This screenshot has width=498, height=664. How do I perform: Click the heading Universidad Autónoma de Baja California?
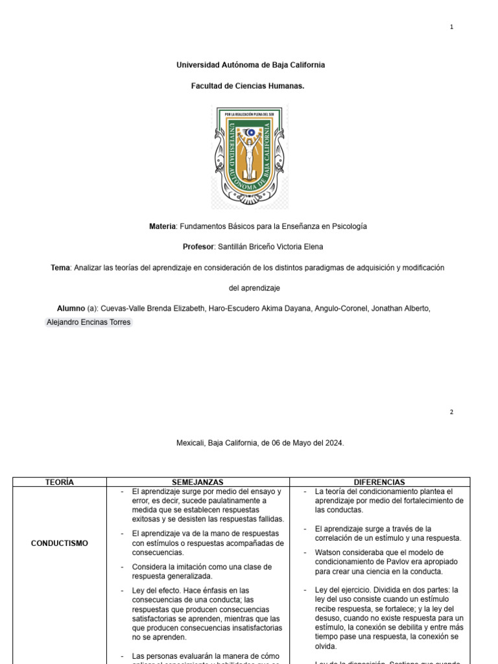(251, 65)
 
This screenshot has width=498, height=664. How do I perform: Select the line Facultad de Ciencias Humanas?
(248, 86)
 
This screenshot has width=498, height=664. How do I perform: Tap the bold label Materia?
(162, 226)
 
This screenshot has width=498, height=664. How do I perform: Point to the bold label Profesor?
(198, 247)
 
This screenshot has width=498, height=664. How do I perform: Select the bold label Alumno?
(71, 309)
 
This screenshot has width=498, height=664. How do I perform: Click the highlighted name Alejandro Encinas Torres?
(88, 322)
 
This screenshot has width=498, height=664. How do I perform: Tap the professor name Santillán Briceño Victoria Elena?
(270, 247)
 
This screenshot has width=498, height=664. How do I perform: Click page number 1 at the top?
(451, 27)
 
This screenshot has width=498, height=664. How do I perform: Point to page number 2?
(451, 412)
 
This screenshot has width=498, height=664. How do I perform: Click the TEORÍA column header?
(60, 482)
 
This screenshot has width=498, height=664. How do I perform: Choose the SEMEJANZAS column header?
(197, 482)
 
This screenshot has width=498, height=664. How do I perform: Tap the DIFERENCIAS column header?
(379, 482)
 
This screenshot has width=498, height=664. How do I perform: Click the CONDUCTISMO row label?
(60, 543)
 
